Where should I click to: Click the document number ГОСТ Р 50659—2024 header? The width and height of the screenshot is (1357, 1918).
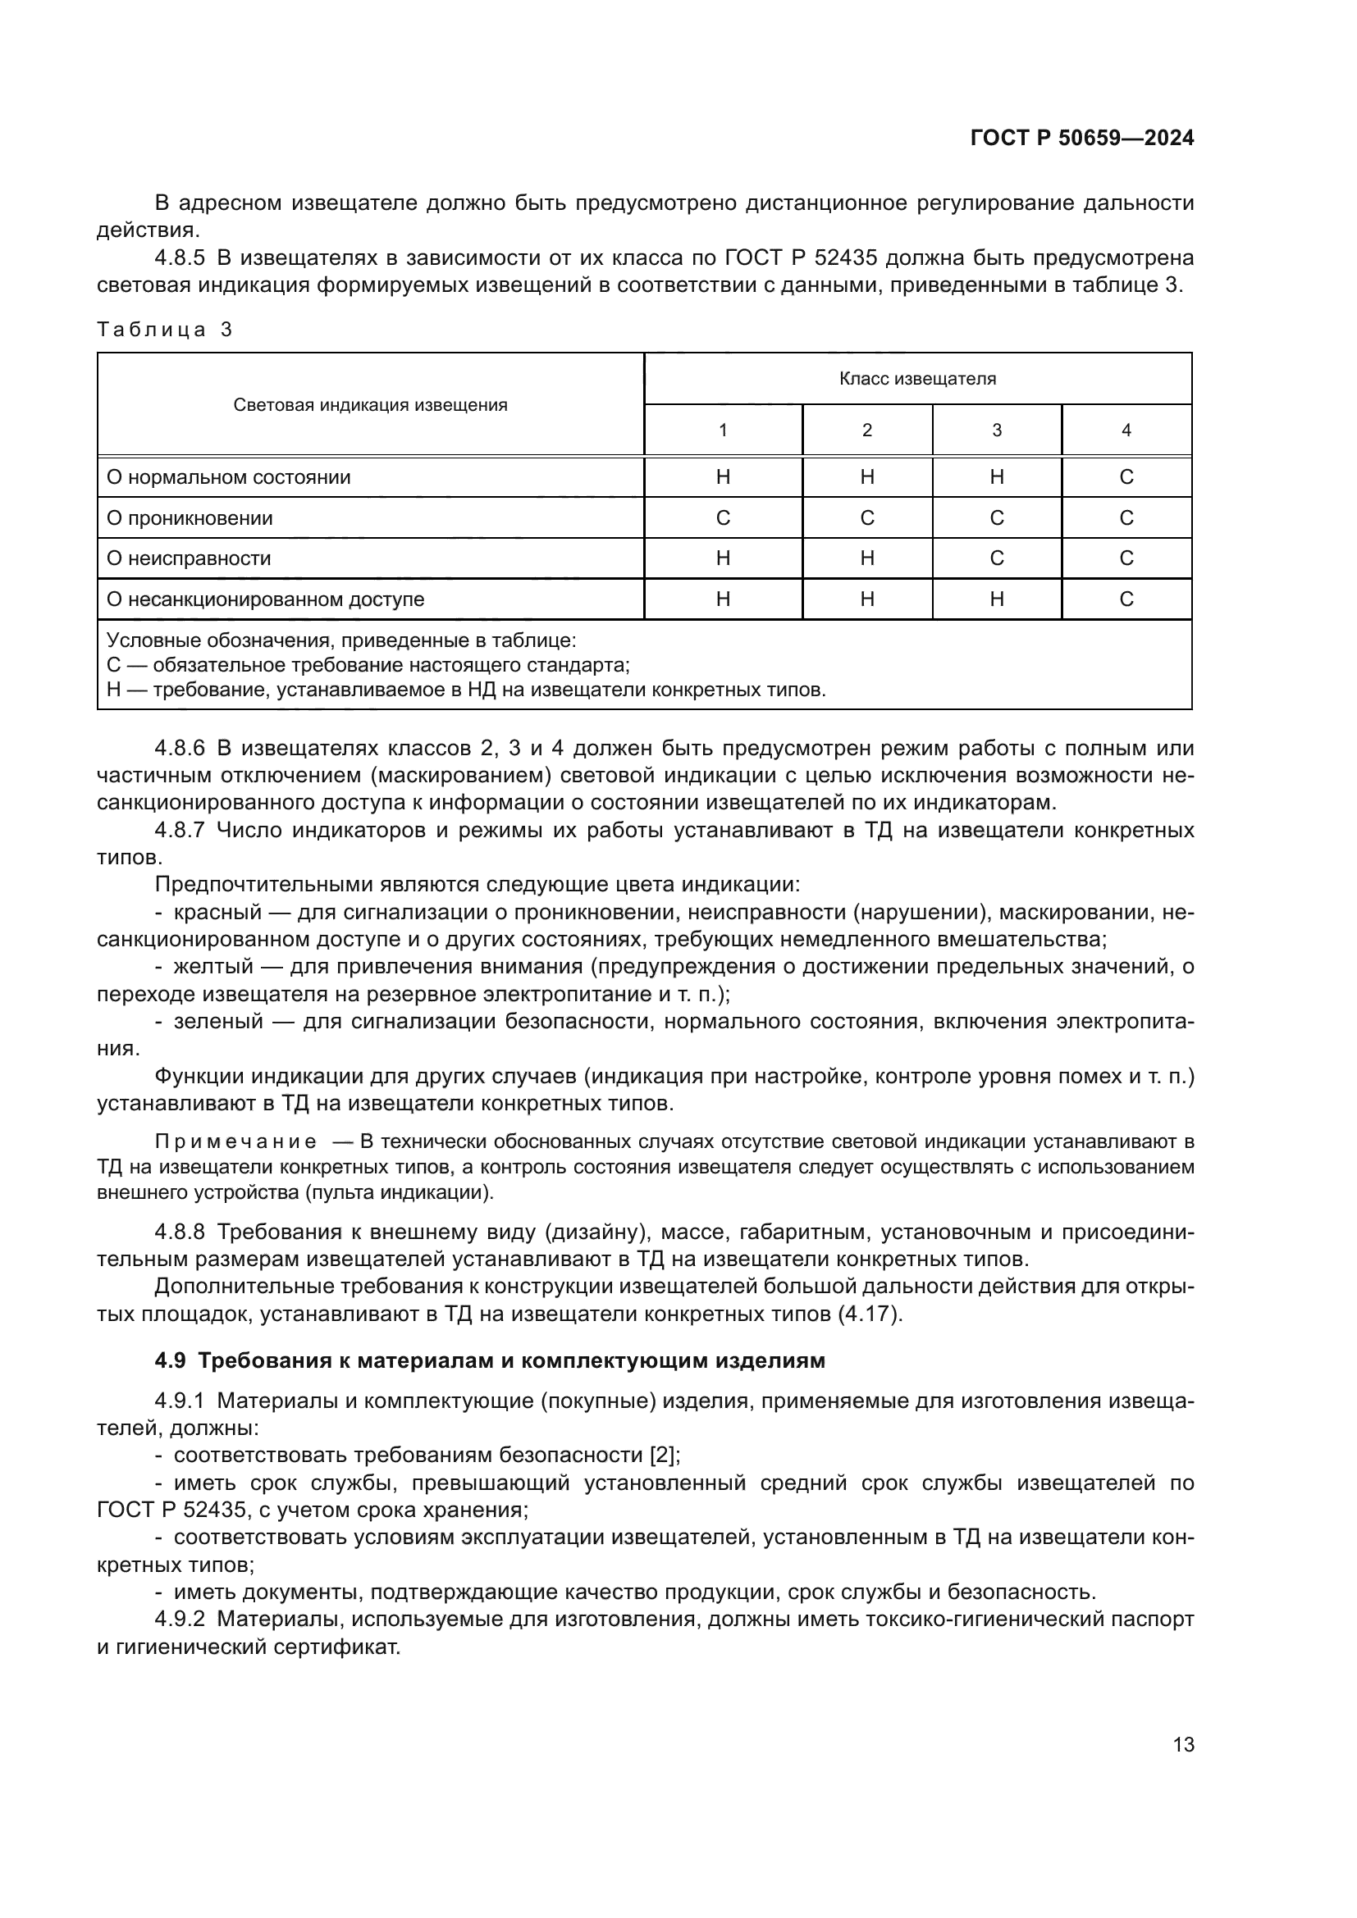coord(1081,139)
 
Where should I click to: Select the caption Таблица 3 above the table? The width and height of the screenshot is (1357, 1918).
coord(165,329)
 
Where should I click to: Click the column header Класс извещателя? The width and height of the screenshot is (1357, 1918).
coord(916,378)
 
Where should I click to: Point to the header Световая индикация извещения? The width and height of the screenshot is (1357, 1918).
coord(370,405)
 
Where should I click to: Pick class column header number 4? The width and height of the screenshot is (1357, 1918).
coord(1126,431)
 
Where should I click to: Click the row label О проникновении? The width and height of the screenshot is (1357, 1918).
coord(190,518)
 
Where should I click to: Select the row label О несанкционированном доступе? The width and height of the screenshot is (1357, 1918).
coord(265,599)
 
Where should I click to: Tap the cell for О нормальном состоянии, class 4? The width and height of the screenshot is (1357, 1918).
coord(1126,477)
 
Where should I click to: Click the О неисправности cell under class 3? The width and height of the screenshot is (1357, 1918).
coord(996,558)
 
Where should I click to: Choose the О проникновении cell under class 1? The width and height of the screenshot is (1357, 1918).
coord(723,518)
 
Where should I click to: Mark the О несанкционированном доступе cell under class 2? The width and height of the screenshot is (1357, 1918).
coord(866,599)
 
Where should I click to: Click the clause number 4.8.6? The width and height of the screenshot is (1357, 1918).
coord(180,748)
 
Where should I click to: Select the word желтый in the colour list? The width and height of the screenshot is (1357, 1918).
coord(213,967)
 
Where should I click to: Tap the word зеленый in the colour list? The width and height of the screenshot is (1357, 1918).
coord(219,1021)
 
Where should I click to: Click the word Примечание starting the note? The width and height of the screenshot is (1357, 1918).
coord(235,1142)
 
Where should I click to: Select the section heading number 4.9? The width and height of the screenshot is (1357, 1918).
coord(171,1361)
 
